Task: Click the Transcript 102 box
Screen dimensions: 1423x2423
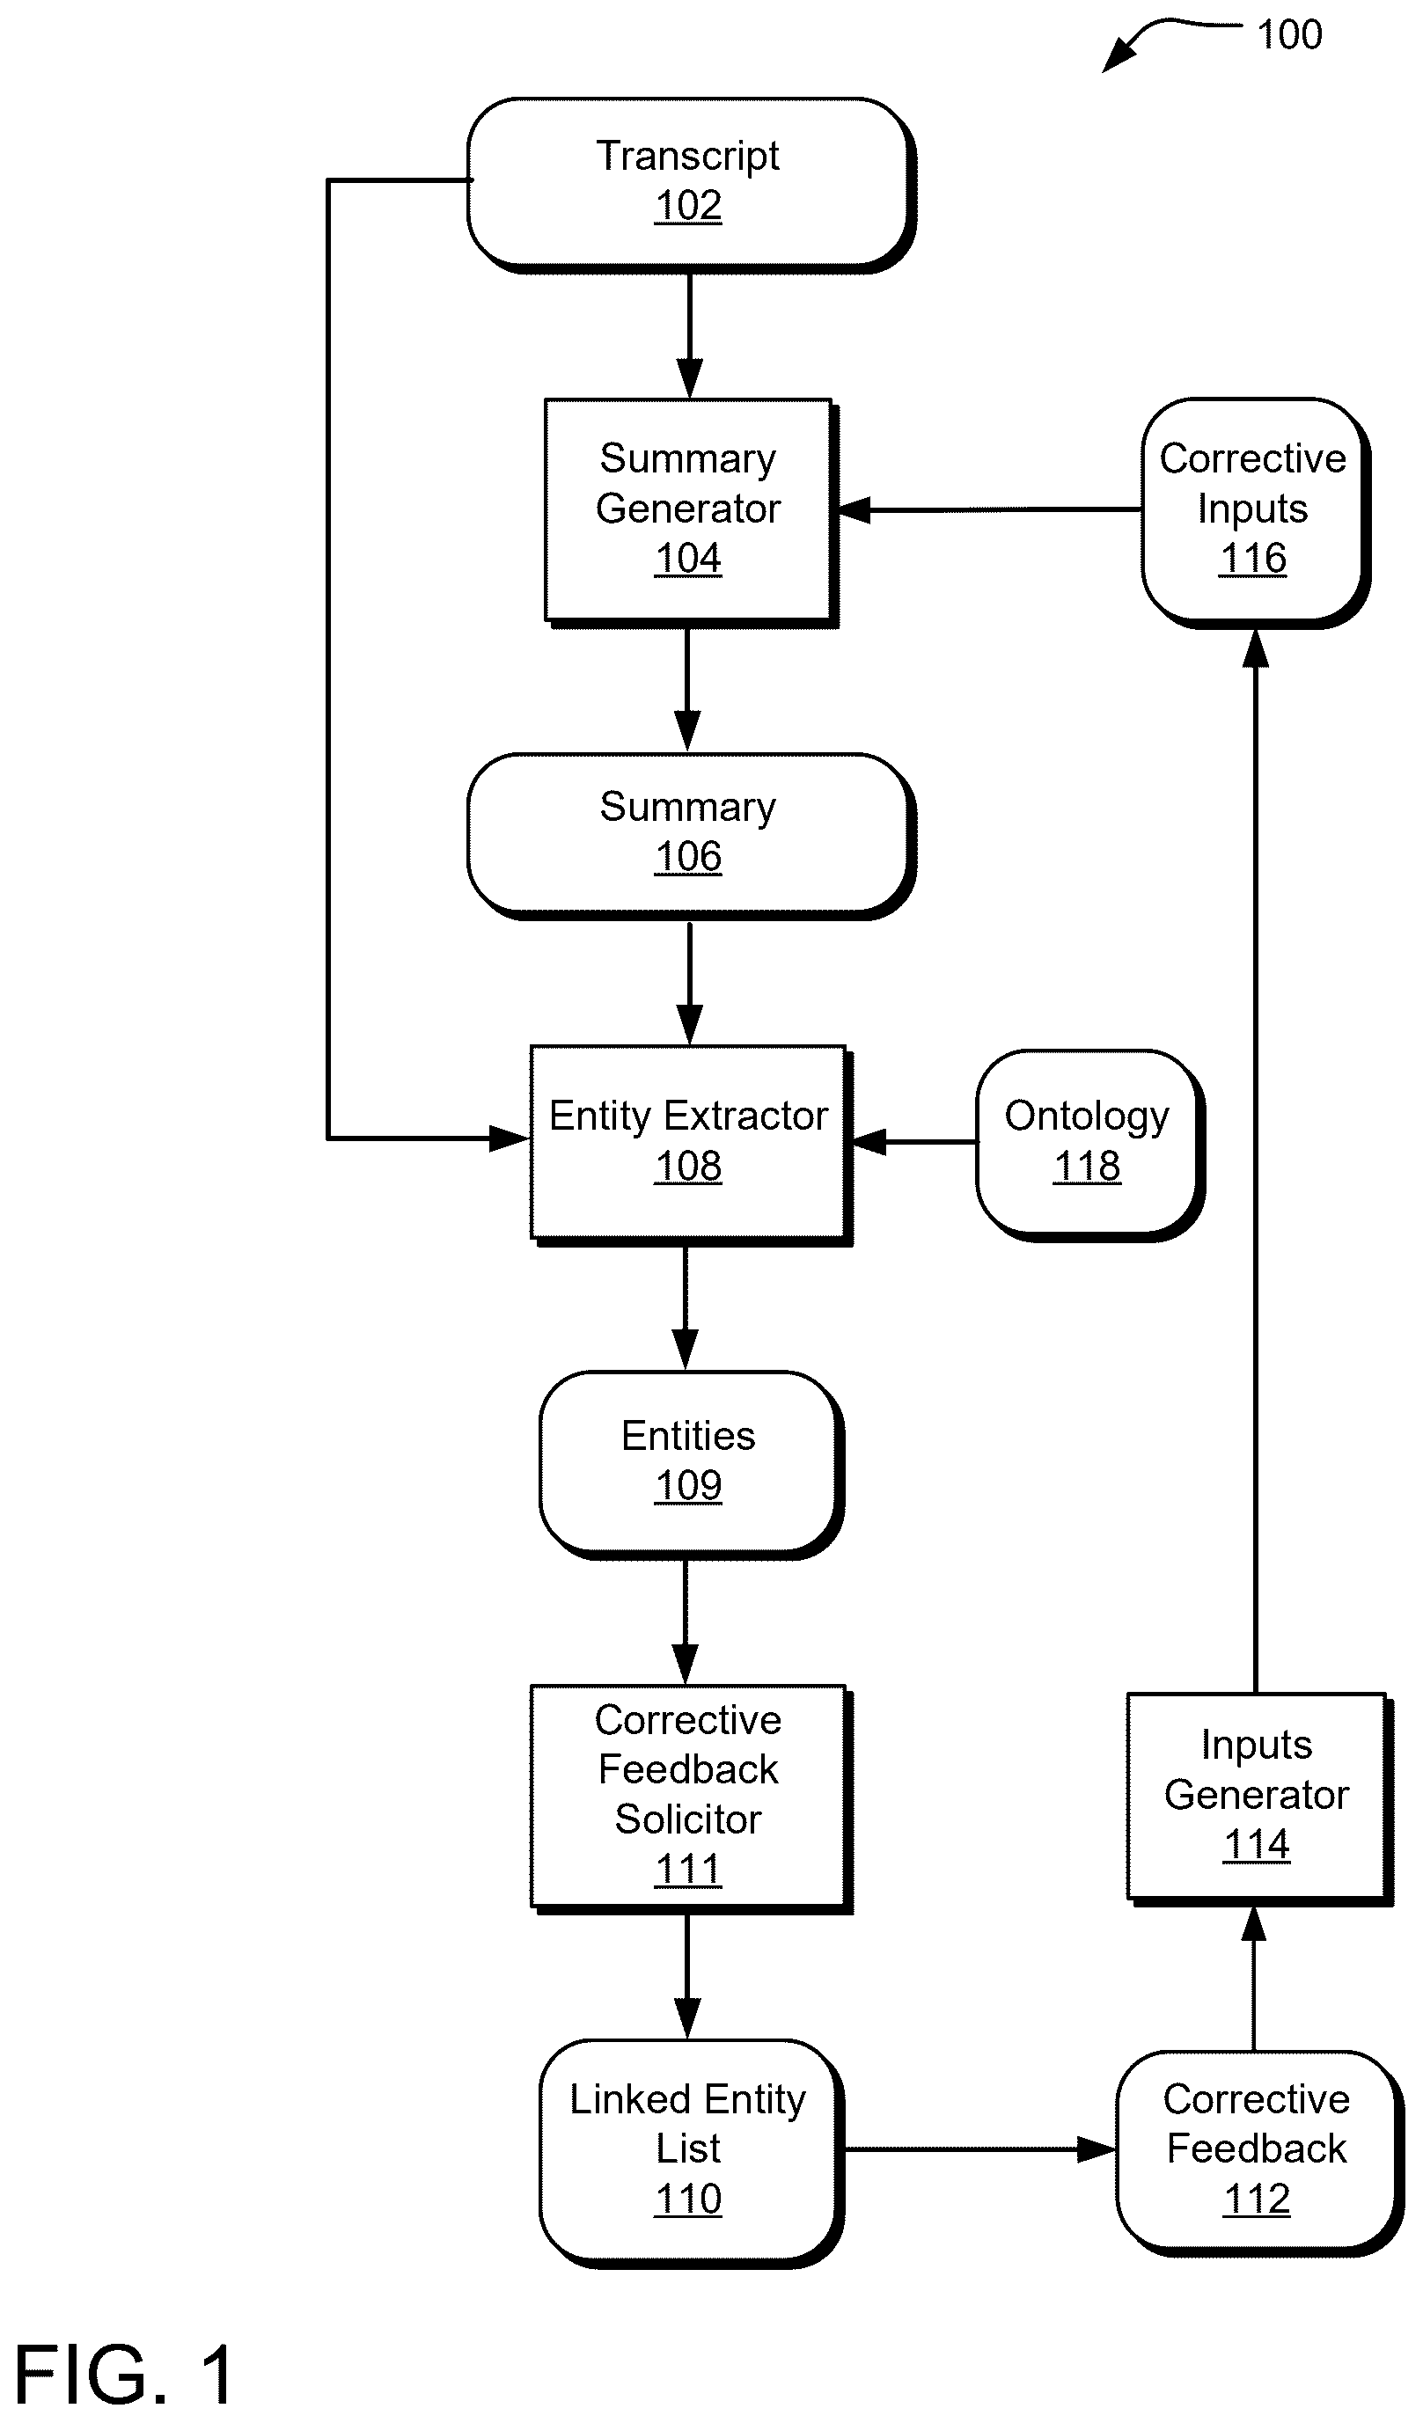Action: tap(690, 184)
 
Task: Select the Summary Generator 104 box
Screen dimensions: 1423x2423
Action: tap(690, 512)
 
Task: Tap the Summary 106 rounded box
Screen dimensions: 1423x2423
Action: tap(690, 835)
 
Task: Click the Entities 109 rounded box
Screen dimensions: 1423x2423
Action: tap(690, 1463)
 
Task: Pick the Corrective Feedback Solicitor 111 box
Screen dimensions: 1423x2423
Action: tap(690, 1798)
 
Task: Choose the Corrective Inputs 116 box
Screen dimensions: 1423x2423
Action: tap(1255, 512)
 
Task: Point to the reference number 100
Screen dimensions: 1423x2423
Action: tap(1289, 34)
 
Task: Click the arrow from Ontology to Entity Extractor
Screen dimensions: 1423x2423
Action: tap(913, 1141)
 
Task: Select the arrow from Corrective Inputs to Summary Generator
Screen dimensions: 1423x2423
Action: tap(990, 509)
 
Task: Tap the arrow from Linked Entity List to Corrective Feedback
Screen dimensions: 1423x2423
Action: tap(979, 2149)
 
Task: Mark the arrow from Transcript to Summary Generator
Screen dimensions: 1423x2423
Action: tap(689, 335)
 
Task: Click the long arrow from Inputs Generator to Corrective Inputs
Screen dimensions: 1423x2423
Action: tap(1255, 1161)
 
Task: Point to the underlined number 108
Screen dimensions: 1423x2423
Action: tap(687, 1167)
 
